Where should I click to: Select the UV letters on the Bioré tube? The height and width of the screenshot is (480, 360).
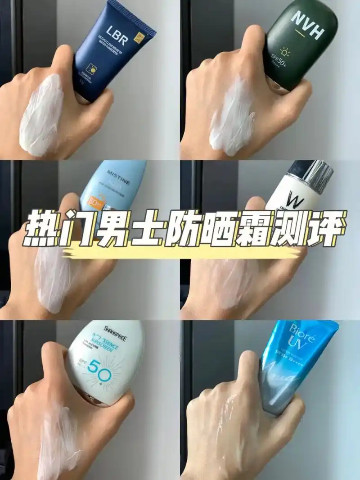coord(290,353)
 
